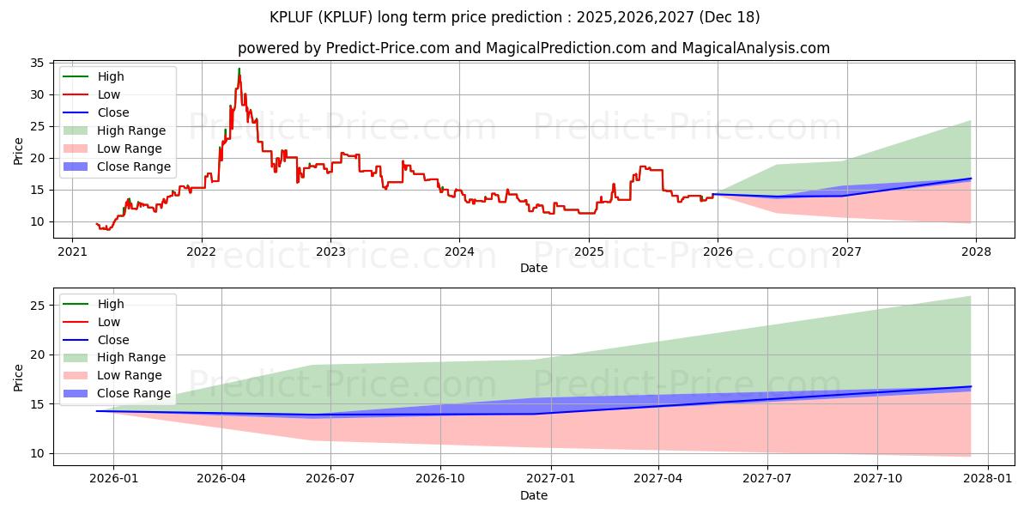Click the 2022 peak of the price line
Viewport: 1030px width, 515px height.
(x=239, y=69)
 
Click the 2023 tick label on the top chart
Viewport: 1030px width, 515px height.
(x=330, y=251)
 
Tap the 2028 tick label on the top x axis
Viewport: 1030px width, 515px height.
(x=976, y=251)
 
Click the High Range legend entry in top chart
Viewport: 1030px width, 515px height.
(x=131, y=130)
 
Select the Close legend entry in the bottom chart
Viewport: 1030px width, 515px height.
(x=113, y=340)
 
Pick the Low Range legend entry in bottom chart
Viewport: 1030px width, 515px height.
(x=130, y=375)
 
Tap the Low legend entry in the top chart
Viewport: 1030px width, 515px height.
(x=109, y=94)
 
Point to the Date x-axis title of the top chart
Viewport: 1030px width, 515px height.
(x=533, y=268)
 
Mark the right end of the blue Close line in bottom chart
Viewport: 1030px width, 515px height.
(x=971, y=386)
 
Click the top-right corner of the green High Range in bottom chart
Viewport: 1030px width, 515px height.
(x=971, y=297)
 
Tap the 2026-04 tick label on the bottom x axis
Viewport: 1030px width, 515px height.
(x=222, y=479)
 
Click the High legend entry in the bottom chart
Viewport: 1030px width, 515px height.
(x=111, y=304)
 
